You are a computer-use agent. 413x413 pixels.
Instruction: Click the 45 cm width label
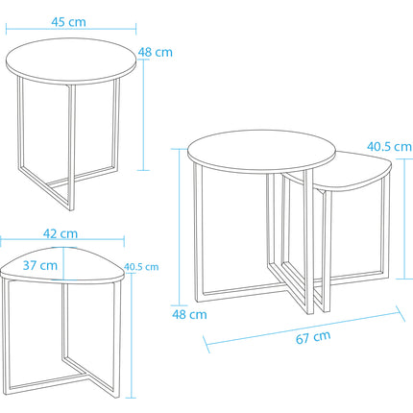tap(68, 22)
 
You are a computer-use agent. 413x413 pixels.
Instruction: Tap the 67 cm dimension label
tap(313, 337)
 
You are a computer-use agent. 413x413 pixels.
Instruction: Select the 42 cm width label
tap(61, 233)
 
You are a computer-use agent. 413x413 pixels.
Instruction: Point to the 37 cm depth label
tap(40, 265)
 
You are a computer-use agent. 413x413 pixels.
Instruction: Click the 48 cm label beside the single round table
tap(156, 52)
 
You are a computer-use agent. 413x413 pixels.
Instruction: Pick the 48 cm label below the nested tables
tap(189, 314)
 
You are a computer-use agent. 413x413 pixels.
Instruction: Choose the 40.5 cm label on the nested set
tap(389, 147)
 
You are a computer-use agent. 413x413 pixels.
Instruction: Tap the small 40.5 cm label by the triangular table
tap(141, 267)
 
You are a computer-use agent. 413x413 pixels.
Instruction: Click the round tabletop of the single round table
tap(71, 61)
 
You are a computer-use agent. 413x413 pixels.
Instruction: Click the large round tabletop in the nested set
tap(261, 152)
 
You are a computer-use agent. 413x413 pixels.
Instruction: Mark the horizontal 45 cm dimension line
tap(71, 29)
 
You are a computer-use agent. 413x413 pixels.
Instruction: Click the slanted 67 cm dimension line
tap(304, 329)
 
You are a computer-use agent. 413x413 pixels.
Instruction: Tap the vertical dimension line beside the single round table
tap(143, 115)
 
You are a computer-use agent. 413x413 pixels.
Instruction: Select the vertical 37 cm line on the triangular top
tap(63, 264)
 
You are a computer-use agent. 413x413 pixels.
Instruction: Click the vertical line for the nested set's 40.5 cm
tap(404, 219)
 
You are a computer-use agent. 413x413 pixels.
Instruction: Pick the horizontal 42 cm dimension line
tap(62, 238)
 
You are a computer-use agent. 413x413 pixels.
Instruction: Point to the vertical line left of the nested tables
tap(180, 227)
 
